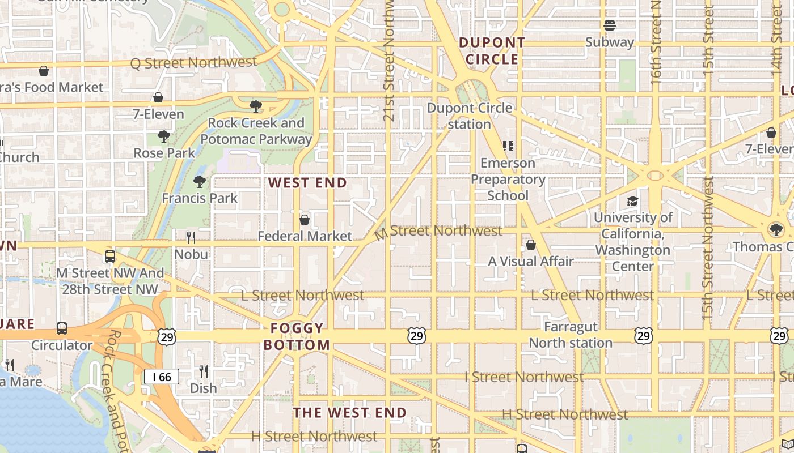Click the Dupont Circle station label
[470, 116]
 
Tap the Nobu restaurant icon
[191, 237]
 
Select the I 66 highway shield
[162, 377]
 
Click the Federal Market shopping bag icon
[305, 219]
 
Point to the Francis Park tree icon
[199, 182]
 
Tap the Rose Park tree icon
[164, 136]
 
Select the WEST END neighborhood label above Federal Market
[307, 183]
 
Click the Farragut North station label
[571, 335]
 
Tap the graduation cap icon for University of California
[632, 201]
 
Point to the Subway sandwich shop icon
[610, 25]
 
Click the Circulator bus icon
[61, 328]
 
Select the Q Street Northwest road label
[193, 62]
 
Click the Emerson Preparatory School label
[508, 179]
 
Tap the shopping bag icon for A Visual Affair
[531, 245]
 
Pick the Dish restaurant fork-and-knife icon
[203, 371]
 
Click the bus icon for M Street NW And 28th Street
[110, 257]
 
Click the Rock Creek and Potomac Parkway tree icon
[256, 106]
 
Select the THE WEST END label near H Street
[350, 413]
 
